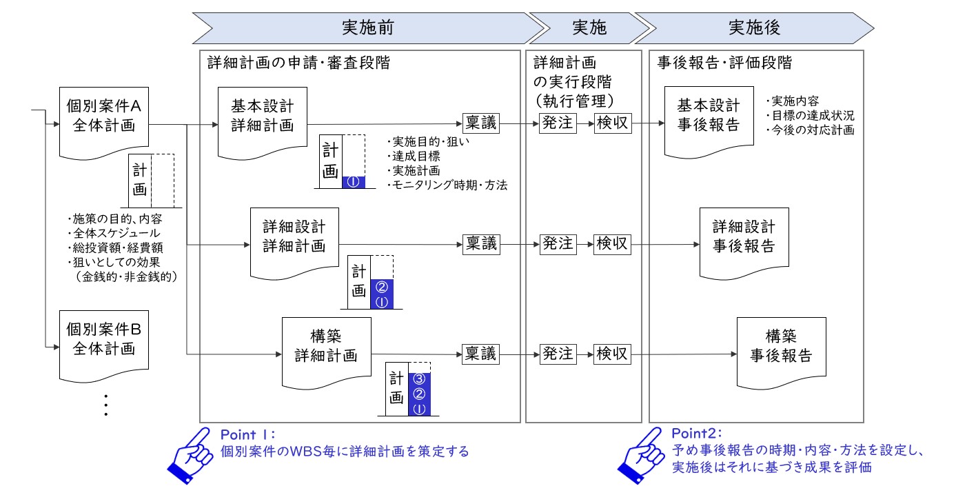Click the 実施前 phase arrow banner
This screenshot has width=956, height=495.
[368, 28]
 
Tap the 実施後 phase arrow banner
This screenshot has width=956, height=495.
[755, 28]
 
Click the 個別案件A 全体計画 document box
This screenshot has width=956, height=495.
[103, 123]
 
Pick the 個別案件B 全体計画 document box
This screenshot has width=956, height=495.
[103, 345]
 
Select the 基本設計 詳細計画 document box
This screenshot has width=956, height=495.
[263, 123]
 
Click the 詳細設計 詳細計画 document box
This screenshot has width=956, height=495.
[294, 243]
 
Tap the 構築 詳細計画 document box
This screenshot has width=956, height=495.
[327, 353]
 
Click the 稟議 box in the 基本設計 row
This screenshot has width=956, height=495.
[481, 123]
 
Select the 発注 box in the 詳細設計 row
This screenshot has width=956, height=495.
[558, 245]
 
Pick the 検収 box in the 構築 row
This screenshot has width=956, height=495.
[613, 354]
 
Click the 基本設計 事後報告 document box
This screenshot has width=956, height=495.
[709, 122]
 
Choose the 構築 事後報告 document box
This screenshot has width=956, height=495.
[782, 353]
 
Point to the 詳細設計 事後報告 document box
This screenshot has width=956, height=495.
[744, 243]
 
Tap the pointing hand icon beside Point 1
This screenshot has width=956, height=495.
[191, 455]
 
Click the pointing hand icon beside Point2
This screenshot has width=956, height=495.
[642, 455]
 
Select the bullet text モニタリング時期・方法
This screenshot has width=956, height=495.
[447, 185]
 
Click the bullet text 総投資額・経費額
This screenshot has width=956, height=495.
[115, 247]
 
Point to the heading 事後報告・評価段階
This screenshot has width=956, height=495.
[724, 63]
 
